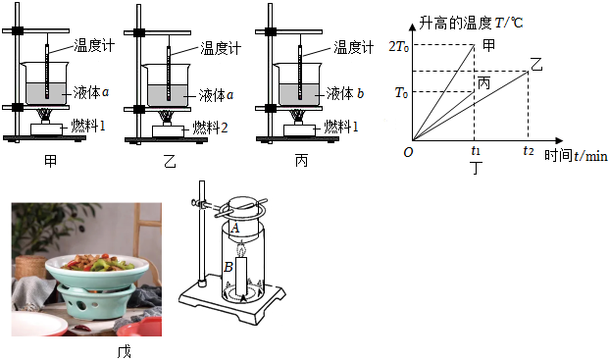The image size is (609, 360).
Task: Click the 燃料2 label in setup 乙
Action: click(210, 128)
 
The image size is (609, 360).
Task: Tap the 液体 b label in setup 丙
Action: click(345, 93)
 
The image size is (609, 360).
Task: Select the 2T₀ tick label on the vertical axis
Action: click(399, 47)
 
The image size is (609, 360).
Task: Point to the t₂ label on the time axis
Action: click(529, 150)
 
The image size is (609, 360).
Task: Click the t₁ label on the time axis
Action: click(476, 150)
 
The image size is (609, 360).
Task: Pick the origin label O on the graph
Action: click(408, 152)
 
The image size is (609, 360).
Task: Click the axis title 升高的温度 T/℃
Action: click(471, 24)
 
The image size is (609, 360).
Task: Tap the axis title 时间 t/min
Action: click(576, 156)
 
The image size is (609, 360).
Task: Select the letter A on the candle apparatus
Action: click(235, 229)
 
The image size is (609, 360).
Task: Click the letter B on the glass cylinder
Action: click(228, 267)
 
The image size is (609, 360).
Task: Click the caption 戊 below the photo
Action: click(125, 352)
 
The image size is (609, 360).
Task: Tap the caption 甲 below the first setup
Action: click(50, 161)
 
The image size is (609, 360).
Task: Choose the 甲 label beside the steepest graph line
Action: click(488, 45)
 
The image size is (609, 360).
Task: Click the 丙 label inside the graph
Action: click(483, 82)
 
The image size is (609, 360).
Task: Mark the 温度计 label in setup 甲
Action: click(94, 46)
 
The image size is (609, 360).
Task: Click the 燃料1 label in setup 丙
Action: click(341, 127)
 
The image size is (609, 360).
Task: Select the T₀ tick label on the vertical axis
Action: click(402, 93)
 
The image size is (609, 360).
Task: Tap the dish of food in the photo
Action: click(97, 269)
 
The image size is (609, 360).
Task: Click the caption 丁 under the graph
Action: click(476, 169)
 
